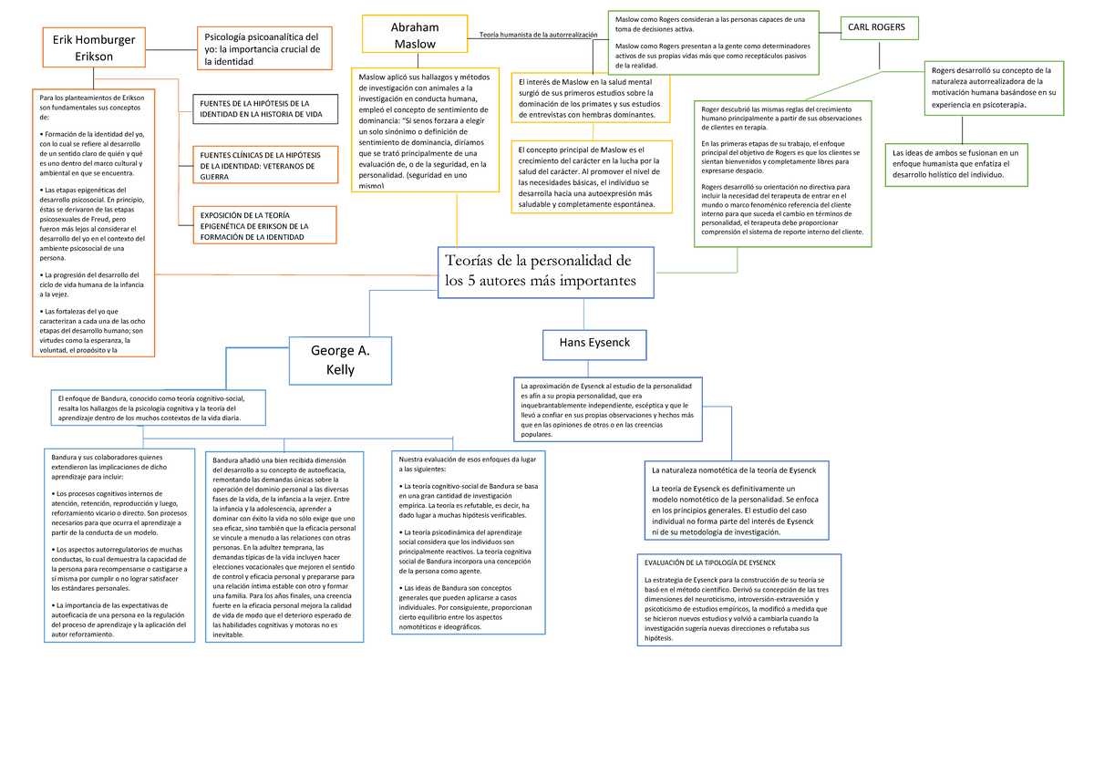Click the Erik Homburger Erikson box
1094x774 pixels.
coord(94,47)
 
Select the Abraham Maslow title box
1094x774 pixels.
coord(415,34)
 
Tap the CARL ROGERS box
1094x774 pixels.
coord(879,28)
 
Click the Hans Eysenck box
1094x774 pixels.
coord(594,345)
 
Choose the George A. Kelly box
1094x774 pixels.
coord(340,360)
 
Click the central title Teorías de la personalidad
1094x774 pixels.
coord(545,272)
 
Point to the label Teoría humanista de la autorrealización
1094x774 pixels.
coord(538,35)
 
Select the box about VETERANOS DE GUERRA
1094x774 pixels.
coord(265,165)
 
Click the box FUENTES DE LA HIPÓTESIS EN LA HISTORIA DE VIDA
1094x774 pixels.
coord(265,108)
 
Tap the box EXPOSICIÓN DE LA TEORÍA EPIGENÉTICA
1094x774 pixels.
coord(264,225)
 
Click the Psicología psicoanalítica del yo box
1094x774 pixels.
coord(264,48)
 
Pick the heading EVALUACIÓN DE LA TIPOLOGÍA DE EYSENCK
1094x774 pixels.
coord(709,562)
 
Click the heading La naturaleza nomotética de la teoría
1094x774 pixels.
coord(734,470)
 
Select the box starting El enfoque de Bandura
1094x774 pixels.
coord(159,408)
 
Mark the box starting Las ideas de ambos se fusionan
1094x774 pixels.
coord(956,165)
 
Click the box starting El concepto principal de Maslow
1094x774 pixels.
coord(592,177)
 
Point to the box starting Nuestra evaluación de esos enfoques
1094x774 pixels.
coord(469,542)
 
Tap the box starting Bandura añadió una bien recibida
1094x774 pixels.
coord(284,547)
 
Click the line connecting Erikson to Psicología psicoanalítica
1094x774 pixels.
coord(171,49)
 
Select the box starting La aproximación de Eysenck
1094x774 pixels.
coord(608,409)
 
